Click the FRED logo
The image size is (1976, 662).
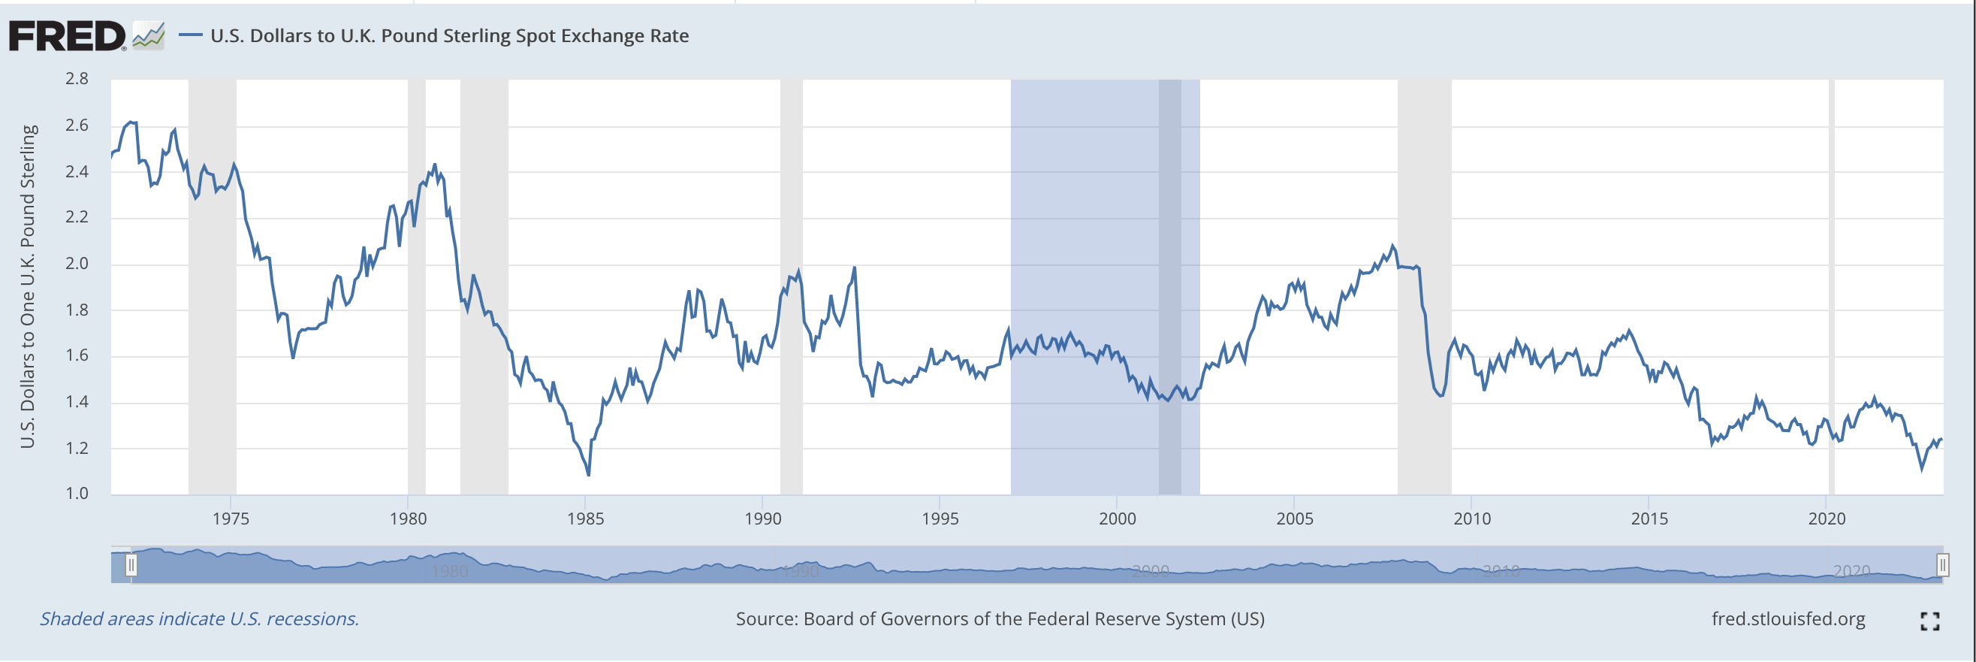point(68,36)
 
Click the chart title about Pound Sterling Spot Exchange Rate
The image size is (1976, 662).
point(448,36)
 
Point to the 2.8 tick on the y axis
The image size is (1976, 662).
point(77,79)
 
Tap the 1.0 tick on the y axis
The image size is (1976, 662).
point(77,493)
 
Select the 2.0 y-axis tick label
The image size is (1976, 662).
point(77,263)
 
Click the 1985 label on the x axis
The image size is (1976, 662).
point(585,518)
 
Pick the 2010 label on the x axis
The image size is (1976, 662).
point(1472,518)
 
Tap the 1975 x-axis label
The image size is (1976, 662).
point(231,518)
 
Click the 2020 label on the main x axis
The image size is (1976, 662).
point(1827,518)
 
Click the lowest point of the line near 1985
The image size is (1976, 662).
point(588,475)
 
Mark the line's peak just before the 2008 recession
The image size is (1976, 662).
point(1392,246)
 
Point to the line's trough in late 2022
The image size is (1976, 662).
point(1921,469)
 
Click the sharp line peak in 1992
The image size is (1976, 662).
point(855,268)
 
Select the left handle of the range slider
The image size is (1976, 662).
point(131,565)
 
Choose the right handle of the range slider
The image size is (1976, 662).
point(1941,565)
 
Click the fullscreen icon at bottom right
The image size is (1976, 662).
point(1930,621)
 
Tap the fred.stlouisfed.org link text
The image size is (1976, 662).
point(1787,619)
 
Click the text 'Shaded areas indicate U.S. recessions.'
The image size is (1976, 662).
point(200,619)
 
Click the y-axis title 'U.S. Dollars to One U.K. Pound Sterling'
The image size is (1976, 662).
point(28,286)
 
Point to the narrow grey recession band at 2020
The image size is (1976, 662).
point(1831,287)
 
